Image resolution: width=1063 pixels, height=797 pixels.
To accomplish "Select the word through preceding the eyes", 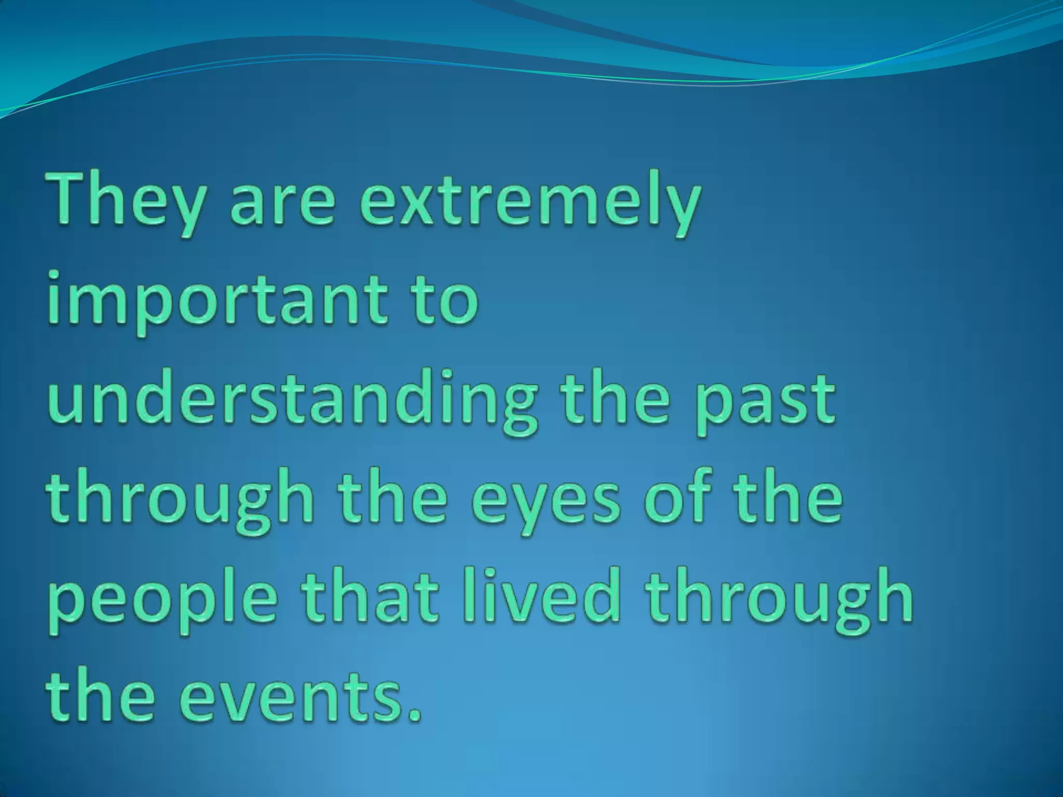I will [x=182, y=501].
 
